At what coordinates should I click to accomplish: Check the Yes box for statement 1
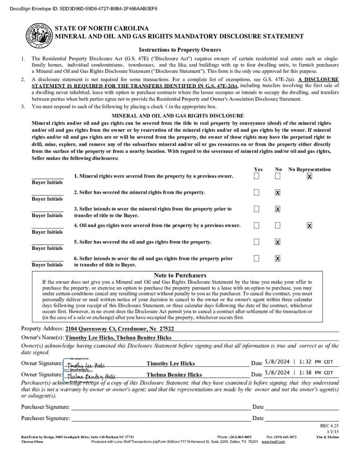pos(257,176)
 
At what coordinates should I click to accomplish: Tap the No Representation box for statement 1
pos(309,176)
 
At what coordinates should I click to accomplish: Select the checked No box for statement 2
pos(278,192)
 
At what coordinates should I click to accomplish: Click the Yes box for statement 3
pos(257,209)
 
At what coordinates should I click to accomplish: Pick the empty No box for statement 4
pos(278,225)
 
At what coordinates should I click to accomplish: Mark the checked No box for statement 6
pos(278,258)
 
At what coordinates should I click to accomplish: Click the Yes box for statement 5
pos(257,242)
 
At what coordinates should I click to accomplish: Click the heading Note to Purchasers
pos(180,275)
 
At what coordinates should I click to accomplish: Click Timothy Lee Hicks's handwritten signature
pos(86,365)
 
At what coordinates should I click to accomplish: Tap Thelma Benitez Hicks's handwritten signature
pos(90,376)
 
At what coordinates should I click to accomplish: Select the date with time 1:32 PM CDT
pos(299,362)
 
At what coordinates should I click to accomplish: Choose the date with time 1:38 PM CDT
pos(299,373)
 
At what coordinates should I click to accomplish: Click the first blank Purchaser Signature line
pos(159,407)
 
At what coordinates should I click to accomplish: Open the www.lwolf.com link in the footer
pos(273,442)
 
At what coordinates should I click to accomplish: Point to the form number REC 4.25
pos(330,425)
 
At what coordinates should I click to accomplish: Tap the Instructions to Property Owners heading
pos(180,50)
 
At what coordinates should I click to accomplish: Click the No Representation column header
pos(309,169)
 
